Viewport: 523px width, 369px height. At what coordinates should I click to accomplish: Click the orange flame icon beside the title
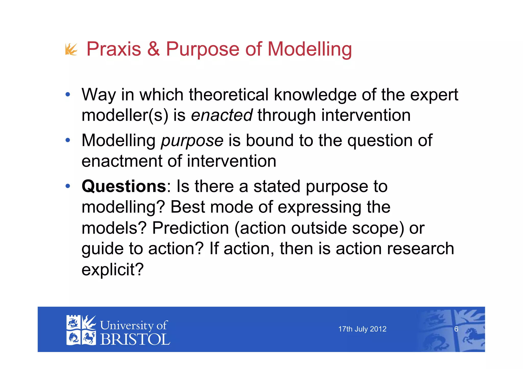click(71, 49)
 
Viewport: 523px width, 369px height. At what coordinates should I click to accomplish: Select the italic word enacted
click(222, 115)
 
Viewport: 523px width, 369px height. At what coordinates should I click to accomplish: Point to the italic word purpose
click(192, 141)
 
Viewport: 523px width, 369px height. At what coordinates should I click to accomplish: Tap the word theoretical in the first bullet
click(229, 95)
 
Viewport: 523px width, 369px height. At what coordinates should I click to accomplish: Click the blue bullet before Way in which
click(68, 95)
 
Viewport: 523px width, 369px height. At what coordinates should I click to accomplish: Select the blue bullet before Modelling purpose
click(68, 140)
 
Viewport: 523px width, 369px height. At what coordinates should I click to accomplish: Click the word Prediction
click(191, 228)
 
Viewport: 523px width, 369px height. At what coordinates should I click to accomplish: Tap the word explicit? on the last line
click(113, 269)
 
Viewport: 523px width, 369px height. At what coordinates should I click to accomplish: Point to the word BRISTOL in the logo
click(135, 339)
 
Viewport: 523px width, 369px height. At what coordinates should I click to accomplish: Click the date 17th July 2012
click(362, 329)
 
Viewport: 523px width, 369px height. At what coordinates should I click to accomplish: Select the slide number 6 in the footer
click(456, 329)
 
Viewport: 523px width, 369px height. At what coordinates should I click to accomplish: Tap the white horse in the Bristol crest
click(89, 338)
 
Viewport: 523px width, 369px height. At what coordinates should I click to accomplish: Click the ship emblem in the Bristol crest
click(73, 323)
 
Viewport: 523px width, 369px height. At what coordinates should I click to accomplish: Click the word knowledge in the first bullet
click(315, 95)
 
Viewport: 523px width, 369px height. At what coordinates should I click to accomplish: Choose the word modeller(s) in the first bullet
click(125, 115)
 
